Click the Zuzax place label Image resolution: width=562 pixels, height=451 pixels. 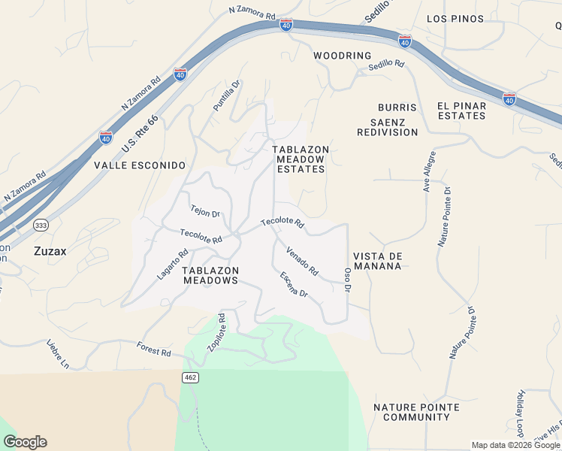(50, 252)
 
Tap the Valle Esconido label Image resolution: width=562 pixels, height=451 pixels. (139, 165)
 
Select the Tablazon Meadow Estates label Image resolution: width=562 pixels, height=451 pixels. (300, 159)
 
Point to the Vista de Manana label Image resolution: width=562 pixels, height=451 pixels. (378, 261)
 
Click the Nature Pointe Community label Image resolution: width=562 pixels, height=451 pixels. (416, 412)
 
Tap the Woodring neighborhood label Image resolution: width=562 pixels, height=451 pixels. (343, 56)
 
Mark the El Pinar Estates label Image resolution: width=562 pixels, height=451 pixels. (461, 110)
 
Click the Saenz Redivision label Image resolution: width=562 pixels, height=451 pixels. (387, 127)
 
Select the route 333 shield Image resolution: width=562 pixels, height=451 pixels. (41, 225)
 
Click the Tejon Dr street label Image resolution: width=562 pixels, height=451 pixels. (205, 213)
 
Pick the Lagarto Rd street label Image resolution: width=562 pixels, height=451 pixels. (172, 265)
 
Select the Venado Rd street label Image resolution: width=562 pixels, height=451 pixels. (302, 261)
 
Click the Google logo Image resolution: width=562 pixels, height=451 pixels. (25, 442)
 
